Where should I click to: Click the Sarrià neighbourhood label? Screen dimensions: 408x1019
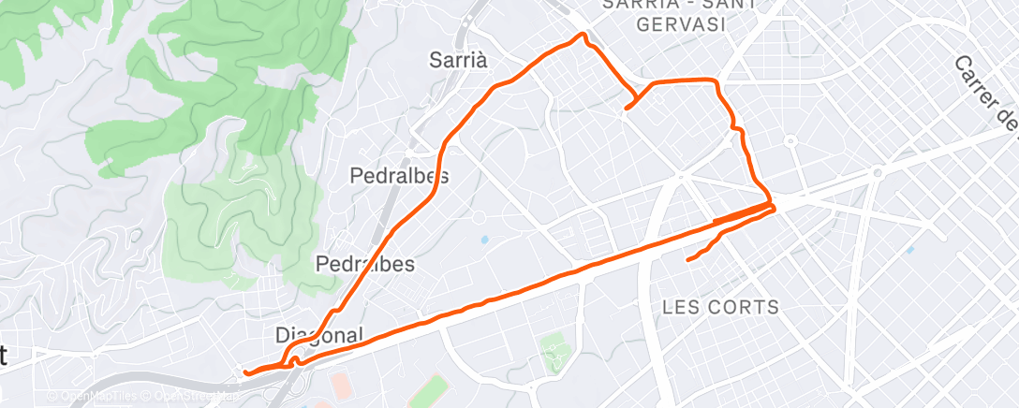[x=459, y=60]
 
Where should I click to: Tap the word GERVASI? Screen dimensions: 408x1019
[x=681, y=24]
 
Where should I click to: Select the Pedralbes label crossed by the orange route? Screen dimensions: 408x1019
[x=365, y=264]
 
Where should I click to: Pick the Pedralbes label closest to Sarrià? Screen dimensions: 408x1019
[x=399, y=176]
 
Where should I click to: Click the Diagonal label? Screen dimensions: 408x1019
[x=318, y=335]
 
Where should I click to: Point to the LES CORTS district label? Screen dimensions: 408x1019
[x=720, y=307]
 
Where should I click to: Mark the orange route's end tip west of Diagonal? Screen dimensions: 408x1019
[x=245, y=372]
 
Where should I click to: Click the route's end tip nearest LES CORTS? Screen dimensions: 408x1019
[x=688, y=259]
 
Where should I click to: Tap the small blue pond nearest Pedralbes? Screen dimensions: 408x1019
[x=484, y=240]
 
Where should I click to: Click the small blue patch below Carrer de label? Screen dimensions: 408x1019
[x=908, y=251]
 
